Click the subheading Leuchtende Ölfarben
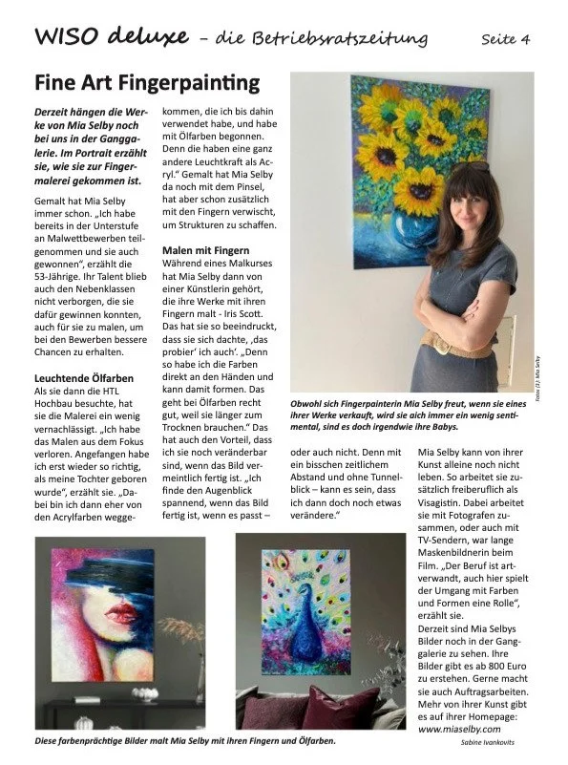pos(83,378)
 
